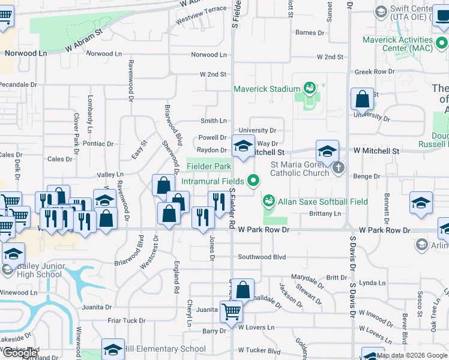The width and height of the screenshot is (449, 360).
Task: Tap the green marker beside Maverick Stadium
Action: tap(310, 89)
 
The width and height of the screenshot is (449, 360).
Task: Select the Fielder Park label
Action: tap(208, 166)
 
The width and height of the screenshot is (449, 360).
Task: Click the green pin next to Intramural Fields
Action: tap(254, 179)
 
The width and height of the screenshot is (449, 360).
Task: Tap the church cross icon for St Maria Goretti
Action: tap(338, 167)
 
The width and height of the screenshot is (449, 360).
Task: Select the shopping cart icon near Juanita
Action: tap(231, 311)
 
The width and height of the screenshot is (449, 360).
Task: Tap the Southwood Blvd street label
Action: tap(262, 257)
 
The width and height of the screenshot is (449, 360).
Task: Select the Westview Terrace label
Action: tap(201, 15)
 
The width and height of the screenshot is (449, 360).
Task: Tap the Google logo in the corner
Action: tap(20, 353)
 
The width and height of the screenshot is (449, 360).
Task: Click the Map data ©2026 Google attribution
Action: tap(412, 355)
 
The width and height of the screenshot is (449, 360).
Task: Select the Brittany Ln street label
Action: tap(325, 214)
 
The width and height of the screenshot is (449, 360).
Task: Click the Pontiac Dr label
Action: tap(98, 144)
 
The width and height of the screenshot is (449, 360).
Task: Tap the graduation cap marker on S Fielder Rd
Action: tap(243, 146)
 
